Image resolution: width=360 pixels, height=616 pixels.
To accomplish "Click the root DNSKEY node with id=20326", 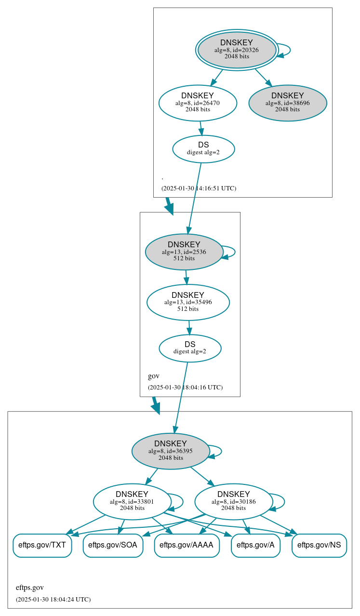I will tap(237, 50).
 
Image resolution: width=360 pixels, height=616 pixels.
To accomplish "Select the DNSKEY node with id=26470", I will tap(198, 103).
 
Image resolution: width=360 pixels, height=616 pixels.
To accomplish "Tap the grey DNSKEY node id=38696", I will tap(288, 103).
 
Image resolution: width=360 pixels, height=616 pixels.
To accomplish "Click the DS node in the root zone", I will tap(203, 148).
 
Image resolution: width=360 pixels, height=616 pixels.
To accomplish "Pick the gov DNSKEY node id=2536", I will tap(184, 252).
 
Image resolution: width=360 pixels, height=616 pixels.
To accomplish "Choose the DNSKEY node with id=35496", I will tap(188, 302).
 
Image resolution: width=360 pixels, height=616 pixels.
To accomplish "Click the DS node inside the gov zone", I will tap(190, 348).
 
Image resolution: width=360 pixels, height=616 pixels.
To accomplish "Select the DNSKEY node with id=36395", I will tap(171, 451).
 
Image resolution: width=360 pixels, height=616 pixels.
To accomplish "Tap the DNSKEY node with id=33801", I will tap(132, 501).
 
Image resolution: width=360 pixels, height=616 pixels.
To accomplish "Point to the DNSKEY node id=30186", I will tap(234, 501).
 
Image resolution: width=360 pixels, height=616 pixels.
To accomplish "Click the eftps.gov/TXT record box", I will tap(42, 545).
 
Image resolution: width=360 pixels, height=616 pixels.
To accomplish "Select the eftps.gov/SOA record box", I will tap(113, 545).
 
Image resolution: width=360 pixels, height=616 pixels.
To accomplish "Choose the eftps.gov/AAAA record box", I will tap(187, 545).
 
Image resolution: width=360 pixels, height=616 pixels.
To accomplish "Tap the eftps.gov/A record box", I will tap(255, 545).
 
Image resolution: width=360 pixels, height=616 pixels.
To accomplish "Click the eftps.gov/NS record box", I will tap(319, 545).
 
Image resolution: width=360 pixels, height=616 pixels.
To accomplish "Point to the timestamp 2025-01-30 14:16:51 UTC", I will tap(199, 188).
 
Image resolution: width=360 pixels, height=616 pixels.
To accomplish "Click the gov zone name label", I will tap(154, 376).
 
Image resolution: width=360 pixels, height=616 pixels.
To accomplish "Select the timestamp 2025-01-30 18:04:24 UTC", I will tap(53, 599).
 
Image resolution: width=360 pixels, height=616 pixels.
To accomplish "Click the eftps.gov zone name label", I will tap(30, 588).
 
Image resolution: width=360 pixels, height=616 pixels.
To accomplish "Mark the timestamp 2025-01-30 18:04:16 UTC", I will tap(185, 387).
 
